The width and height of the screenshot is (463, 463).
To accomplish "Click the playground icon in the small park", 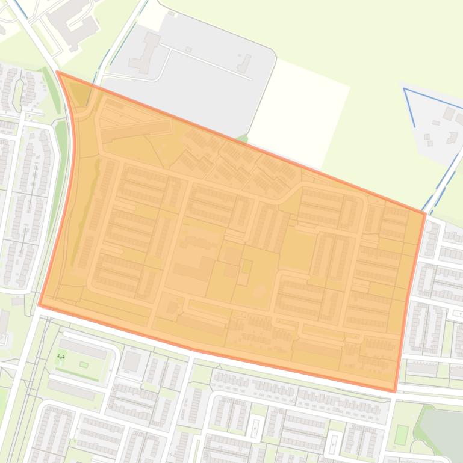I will (61, 357).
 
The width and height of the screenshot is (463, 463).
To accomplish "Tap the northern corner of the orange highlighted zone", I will (57, 72).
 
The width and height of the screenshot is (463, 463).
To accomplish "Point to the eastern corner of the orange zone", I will (425, 213).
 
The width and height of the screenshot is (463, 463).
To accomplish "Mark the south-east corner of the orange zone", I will (395, 391).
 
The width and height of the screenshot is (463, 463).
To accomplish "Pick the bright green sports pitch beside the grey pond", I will (402, 434).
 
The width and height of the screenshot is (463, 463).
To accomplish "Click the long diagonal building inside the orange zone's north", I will (135, 129).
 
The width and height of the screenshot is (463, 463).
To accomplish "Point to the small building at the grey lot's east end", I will (244, 63).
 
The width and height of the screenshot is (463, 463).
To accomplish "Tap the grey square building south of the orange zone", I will (131, 361).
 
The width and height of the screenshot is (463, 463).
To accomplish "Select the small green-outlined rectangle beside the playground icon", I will (84, 364).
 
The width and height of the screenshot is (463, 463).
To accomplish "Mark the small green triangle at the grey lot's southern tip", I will (242, 139).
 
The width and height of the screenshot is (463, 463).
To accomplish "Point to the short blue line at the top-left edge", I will (20, 7).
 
